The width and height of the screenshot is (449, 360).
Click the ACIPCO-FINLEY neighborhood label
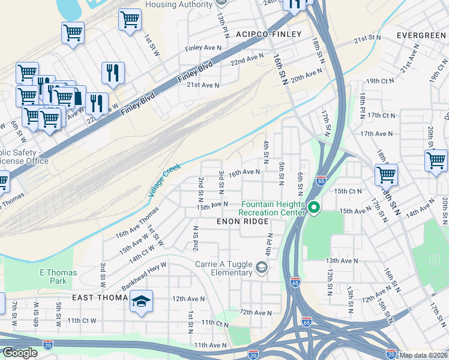(269, 34)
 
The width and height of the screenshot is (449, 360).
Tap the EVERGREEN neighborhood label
(421, 35)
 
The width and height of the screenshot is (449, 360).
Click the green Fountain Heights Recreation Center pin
(314, 208)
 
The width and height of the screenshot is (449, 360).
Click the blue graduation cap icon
(141, 301)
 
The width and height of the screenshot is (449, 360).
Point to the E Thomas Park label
(58, 277)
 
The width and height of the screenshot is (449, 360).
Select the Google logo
(20, 353)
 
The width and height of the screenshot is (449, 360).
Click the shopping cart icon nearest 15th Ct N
(386, 175)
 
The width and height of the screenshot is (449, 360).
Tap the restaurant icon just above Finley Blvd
(113, 73)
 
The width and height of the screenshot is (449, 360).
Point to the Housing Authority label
(179, 4)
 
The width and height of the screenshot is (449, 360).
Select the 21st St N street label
(367, 38)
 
